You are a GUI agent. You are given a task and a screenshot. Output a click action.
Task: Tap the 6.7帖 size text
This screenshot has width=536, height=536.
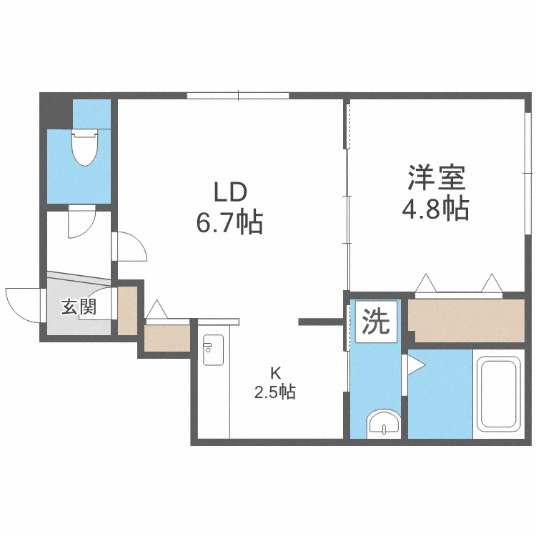point(230,224)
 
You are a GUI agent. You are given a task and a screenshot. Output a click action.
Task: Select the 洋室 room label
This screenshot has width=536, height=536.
point(437,177)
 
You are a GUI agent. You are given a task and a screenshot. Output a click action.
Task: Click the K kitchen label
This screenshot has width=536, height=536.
point(275,372)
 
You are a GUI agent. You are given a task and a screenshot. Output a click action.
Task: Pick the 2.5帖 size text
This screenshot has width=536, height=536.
point(275,392)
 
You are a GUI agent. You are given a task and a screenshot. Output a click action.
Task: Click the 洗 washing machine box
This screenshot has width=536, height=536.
point(375,322)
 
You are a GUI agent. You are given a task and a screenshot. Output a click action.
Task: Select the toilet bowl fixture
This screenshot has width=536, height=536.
point(84,146)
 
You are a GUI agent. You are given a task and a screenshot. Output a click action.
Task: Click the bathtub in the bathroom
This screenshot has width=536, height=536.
point(499,393)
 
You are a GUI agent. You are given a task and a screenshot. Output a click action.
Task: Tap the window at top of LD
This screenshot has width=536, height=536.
point(238,95)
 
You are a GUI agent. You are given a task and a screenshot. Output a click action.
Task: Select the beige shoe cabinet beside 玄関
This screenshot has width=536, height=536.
point(127,311)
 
